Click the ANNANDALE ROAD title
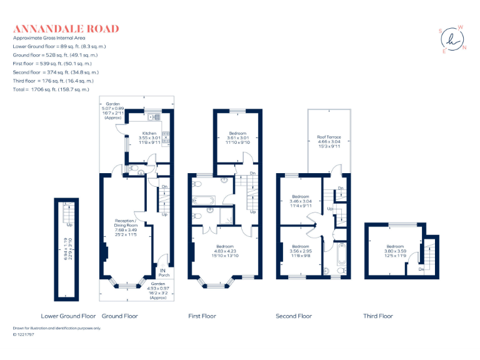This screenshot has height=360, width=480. [x=66, y=29]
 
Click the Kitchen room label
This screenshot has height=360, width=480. [x=149, y=136]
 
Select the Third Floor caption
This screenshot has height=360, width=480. [x=378, y=316]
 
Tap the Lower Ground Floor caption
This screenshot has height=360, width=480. [x=68, y=316]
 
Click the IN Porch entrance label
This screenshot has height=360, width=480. [x=164, y=272]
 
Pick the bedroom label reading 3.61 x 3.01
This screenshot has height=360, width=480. [x=237, y=137]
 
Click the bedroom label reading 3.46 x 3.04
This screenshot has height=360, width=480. [x=301, y=200]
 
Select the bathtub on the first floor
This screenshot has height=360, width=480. [x=204, y=201]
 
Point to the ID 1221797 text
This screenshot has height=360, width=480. [x=24, y=335]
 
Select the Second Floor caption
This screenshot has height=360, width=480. [x=293, y=316]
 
